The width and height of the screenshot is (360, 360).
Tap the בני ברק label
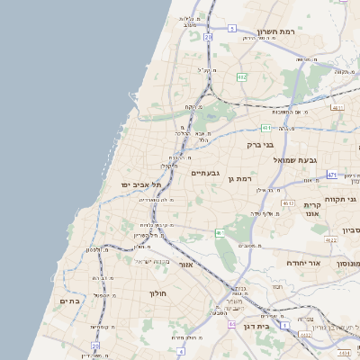260,143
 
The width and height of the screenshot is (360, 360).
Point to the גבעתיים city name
205,172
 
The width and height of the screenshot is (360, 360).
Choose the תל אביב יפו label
144,184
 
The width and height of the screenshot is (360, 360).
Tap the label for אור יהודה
304,262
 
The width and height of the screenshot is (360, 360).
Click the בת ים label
70,301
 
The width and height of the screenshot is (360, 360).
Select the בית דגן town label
256,326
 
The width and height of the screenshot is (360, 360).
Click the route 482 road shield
241,77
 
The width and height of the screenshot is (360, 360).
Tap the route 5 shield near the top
231,29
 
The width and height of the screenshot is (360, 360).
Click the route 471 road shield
332,175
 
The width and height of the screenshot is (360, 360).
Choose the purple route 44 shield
231,324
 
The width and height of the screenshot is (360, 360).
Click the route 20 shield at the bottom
95,345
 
